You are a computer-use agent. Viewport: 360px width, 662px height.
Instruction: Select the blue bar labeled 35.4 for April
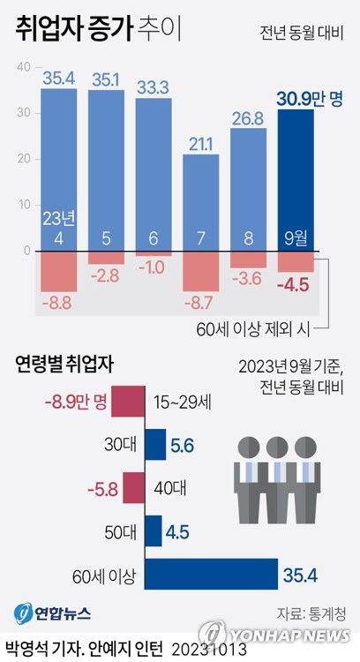pyautogui.click(x=59, y=168)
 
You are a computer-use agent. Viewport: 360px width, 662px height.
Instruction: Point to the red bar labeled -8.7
pyautogui.click(x=200, y=272)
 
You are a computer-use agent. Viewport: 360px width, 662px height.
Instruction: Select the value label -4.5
pyautogui.click(x=295, y=284)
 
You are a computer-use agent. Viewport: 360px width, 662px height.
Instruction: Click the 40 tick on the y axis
pyautogui.click(x=24, y=66)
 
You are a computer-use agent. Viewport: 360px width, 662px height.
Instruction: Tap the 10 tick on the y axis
pyautogui.click(x=24, y=205)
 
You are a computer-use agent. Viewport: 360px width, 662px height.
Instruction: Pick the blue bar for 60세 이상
pyautogui.click(x=211, y=577)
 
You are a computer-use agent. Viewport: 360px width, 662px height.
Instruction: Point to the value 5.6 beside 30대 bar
pyautogui.click(x=183, y=446)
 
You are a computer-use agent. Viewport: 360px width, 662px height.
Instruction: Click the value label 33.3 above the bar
pyautogui.click(x=154, y=87)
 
